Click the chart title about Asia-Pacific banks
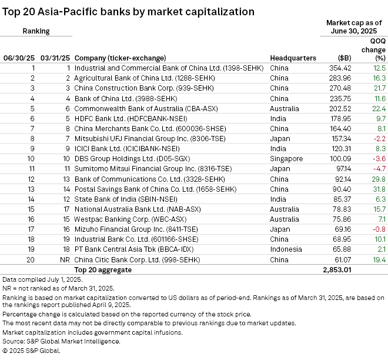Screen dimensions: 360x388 (128, 11)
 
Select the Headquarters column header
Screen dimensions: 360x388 (293, 58)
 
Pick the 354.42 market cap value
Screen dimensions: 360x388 (340, 68)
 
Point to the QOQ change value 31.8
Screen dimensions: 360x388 (379, 189)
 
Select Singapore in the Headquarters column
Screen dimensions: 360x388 (286, 159)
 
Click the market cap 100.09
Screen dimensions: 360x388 (340, 159)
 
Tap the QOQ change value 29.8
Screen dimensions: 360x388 (379, 179)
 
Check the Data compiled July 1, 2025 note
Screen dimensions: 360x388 (39, 279)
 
